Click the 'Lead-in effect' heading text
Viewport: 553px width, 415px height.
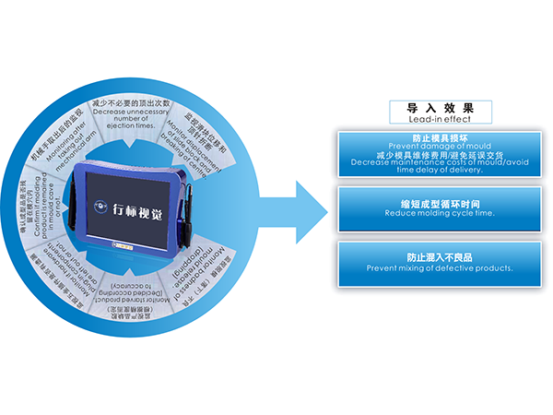tap(439, 119)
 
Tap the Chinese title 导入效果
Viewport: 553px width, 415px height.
tap(440, 107)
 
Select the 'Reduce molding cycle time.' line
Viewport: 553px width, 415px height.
tap(440, 213)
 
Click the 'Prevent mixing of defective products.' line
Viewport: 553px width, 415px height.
tap(440, 268)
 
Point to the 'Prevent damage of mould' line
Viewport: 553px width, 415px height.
tap(440, 146)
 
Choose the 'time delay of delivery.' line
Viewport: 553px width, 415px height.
tap(440, 170)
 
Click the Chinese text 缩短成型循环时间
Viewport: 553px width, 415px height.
tap(440, 203)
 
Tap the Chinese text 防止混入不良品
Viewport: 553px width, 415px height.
tap(440, 258)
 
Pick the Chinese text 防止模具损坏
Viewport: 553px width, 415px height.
tap(440, 137)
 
